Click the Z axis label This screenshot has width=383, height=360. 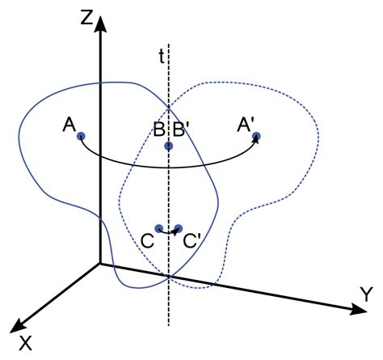click(x=86, y=19)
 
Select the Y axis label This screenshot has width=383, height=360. click(x=366, y=294)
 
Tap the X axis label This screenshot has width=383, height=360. click(x=25, y=343)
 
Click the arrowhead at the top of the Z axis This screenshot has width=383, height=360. click(x=100, y=23)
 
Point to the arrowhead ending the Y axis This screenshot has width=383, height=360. click(x=359, y=309)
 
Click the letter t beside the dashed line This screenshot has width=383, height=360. click(x=162, y=57)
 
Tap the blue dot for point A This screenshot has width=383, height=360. click(x=81, y=137)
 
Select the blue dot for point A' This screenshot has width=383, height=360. click(x=256, y=137)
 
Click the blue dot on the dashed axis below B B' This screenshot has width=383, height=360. click(x=169, y=146)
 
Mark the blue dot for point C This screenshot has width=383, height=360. click(x=159, y=228)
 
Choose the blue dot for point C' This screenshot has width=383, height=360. click(x=179, y=229)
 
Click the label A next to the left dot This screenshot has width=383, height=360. click(x=69, y=125)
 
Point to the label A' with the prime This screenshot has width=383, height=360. click(x=245, y=125)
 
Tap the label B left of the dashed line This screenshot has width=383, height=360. click(x=159, y=129)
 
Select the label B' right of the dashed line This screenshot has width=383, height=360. click(x=179, y=129)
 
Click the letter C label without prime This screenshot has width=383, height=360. click(x=148, y=241)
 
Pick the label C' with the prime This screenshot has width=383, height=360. click(x=191, y=241)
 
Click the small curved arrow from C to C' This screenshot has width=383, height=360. click(x=169, y=232)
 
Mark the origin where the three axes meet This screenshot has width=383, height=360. click(x=100, y=264)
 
